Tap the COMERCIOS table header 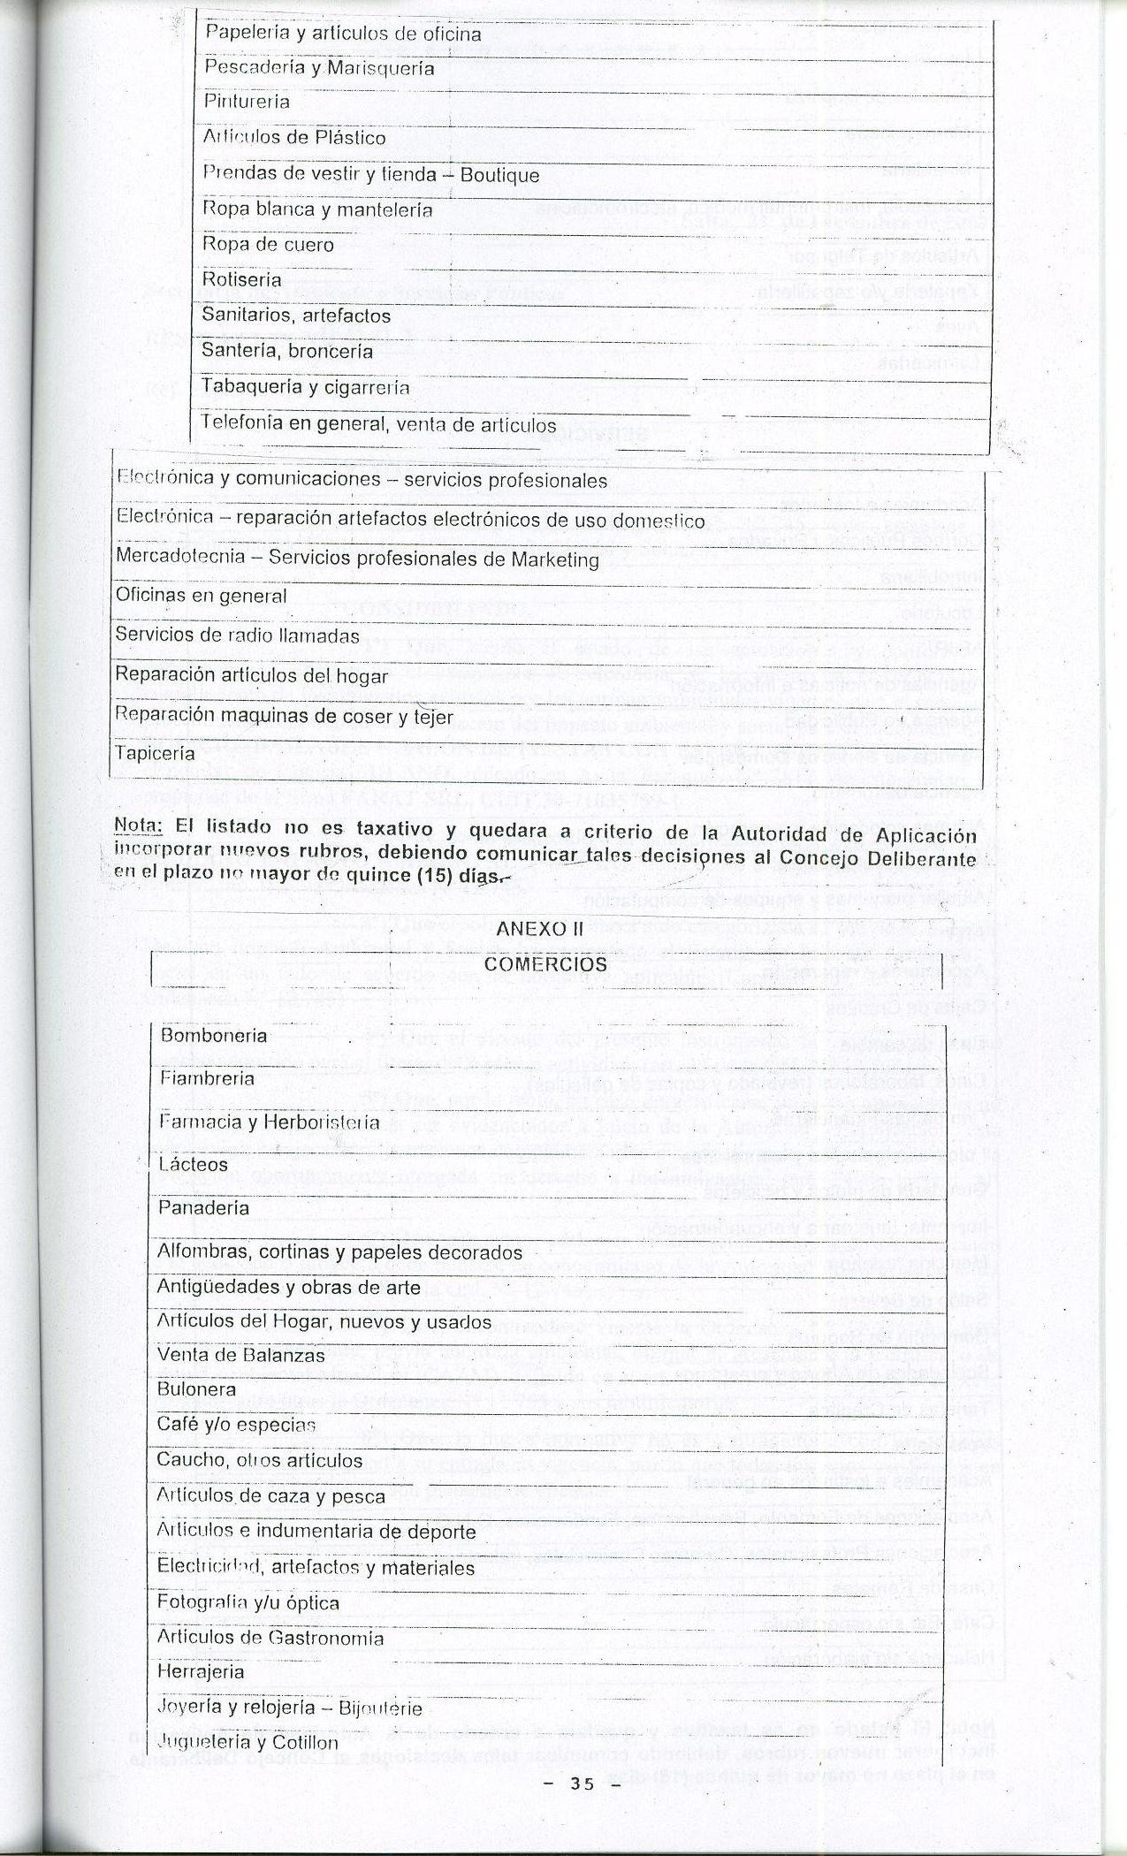545,963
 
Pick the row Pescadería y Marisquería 319,68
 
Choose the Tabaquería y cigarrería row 305,387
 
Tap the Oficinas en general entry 202,596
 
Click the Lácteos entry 193,1164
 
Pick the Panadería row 203,1207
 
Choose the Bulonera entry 196,1388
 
